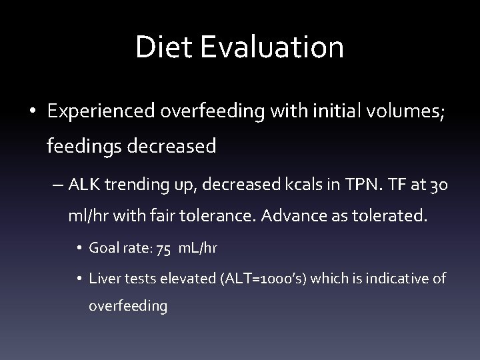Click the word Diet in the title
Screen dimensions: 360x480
[x=159, y=48]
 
